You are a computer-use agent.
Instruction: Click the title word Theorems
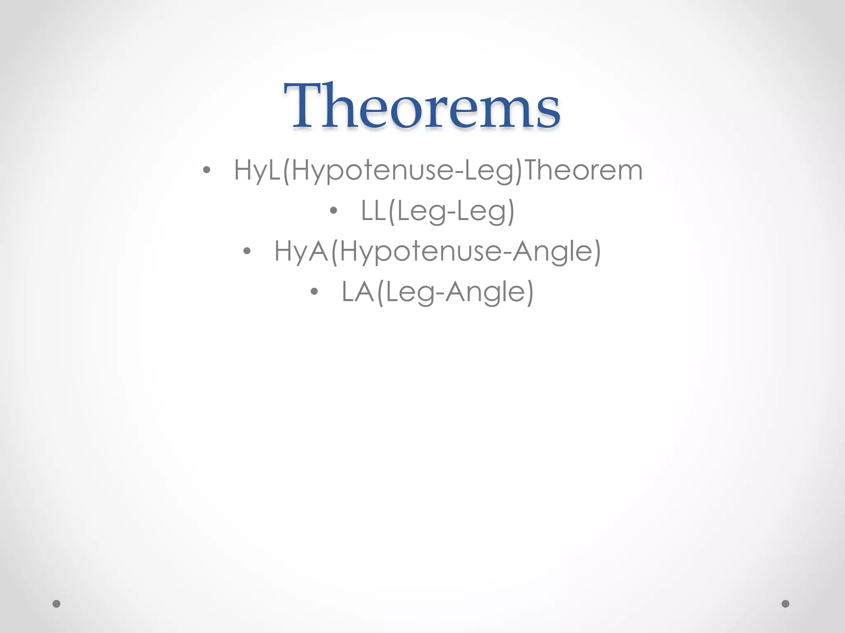click(422, 106)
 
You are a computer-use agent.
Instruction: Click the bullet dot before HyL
click(207, 170)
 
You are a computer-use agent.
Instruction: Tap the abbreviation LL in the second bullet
click(373, 211)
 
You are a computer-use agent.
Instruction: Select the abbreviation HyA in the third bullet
click(301, 251)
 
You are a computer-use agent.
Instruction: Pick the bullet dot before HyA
click(247, 251)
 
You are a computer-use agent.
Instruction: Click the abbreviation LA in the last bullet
click(358, 292)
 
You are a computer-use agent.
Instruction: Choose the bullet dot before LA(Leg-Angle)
click(314, 291)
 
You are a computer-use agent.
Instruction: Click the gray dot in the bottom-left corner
click(57, 604)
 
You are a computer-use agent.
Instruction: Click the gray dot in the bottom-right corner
click(786, 604)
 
